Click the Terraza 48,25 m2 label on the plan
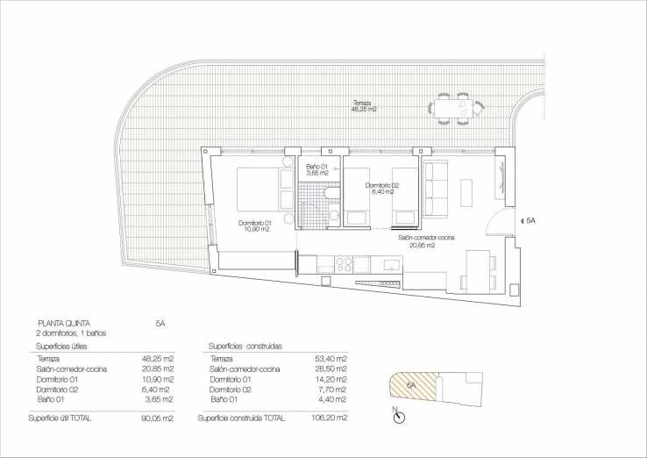pos(364,106)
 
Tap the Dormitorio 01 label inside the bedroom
pos(254,225)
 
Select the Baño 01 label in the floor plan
pos(316,169)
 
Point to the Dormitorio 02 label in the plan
pos(381,189)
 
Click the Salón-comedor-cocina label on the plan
pos(426,241)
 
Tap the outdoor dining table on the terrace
pos(456,109)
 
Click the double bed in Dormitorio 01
pos(266,190)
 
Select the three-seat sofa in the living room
pos(435,189)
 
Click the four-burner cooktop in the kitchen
pos(344,265)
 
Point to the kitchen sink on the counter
pos(392,264)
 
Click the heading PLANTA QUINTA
pos(63,324)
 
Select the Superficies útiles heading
pos(61,346)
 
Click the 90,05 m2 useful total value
pos(157,419)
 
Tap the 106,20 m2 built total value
pos(330,418)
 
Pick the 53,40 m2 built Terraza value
pos(331,359)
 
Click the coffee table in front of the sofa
pos(466,193)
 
